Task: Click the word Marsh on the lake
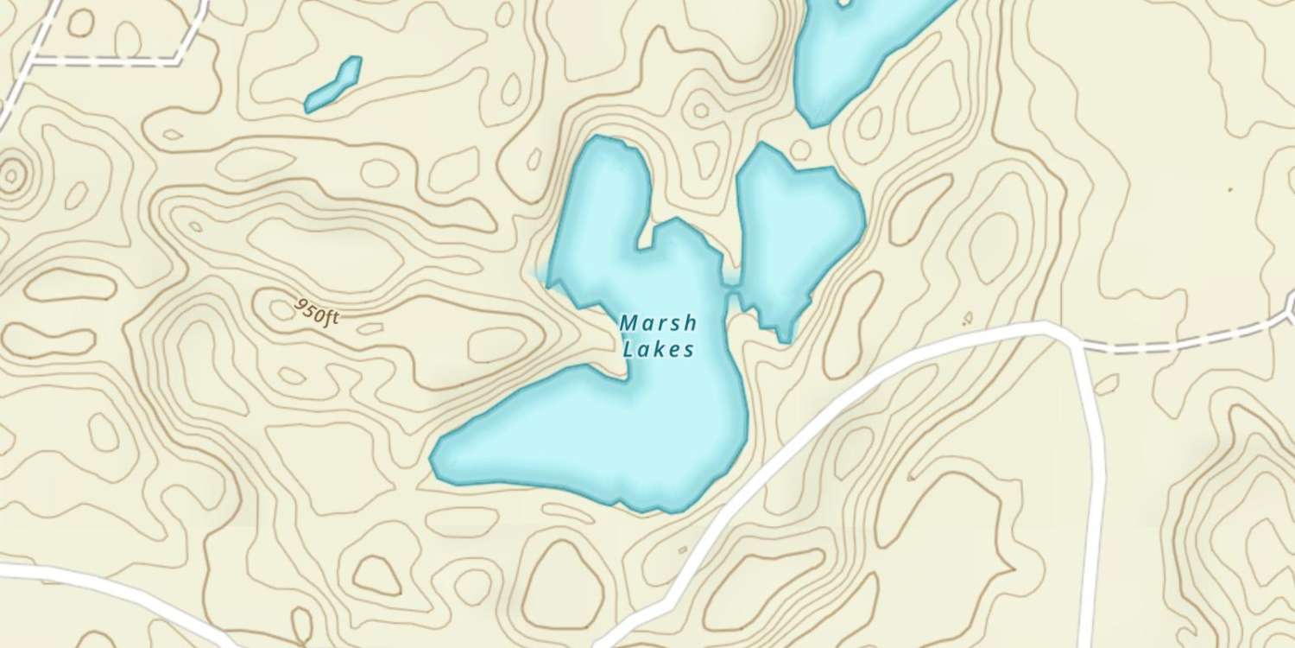click(658, 323)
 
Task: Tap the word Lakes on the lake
click(658, 349)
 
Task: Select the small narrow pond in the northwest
click(333, 85)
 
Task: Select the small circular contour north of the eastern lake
click(800, 149)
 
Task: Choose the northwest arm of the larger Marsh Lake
click(596, 199)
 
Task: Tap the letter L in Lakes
click(628, 349)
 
